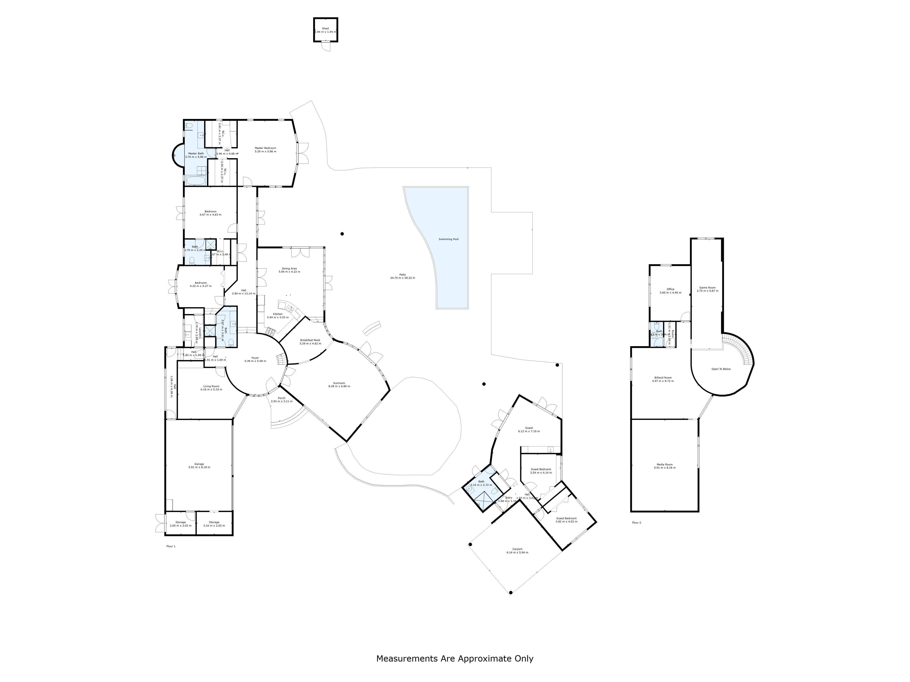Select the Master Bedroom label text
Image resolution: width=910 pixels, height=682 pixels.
[x=265, y=148]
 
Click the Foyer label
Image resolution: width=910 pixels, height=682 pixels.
[x=255, y=358]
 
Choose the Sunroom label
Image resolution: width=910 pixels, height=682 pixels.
[x=339, y=383]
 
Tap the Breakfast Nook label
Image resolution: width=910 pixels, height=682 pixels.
[x=310, y=340]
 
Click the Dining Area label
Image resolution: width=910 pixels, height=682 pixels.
[x=289, y=268]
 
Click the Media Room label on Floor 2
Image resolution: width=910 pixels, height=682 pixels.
[x=665, y=464]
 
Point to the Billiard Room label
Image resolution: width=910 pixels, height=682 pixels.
[x=663, y=377]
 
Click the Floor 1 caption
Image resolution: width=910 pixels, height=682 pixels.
[x=171, y=546]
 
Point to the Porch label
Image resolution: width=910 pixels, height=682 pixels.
[x=281, y=398]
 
